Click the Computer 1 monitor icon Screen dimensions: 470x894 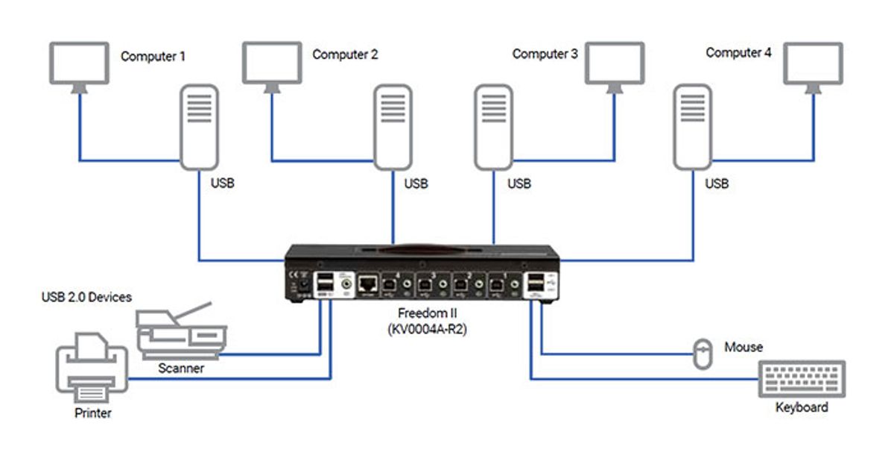point(77,63)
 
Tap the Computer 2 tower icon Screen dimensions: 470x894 point(393,127)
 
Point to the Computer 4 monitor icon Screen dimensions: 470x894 point(814,63)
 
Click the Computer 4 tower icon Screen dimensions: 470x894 point(691,127)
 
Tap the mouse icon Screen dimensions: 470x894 point(702,354)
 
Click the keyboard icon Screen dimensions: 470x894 point(802,380)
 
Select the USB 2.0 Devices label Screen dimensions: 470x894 point(86,298)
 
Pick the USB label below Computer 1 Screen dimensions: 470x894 point(223,183)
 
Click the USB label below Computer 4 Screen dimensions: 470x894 point(717,183)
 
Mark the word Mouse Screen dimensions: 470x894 point(744,347)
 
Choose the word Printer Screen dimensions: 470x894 point(93,413)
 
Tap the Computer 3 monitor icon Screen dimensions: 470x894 point(615,63)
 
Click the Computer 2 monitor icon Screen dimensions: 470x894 point(273,63)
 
